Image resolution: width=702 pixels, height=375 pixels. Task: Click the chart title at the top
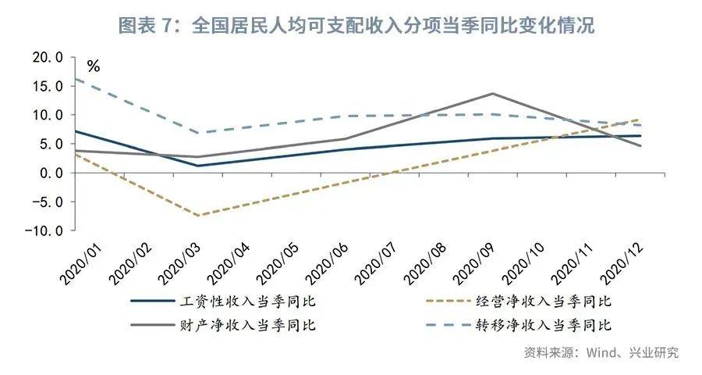[x=356, y=25]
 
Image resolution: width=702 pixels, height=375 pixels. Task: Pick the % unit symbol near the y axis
[x=94, y=66]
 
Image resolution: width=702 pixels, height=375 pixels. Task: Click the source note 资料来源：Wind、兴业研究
[x=601, y=352]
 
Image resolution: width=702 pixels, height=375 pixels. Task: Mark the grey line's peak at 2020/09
[x=492, y=94]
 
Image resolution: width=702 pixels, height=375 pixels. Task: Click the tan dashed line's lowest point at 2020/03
[x=197, y=216]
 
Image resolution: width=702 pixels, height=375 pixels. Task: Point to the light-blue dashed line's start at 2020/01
[x=76, y=78]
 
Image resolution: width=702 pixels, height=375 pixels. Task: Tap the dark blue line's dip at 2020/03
[x=197, y=166]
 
